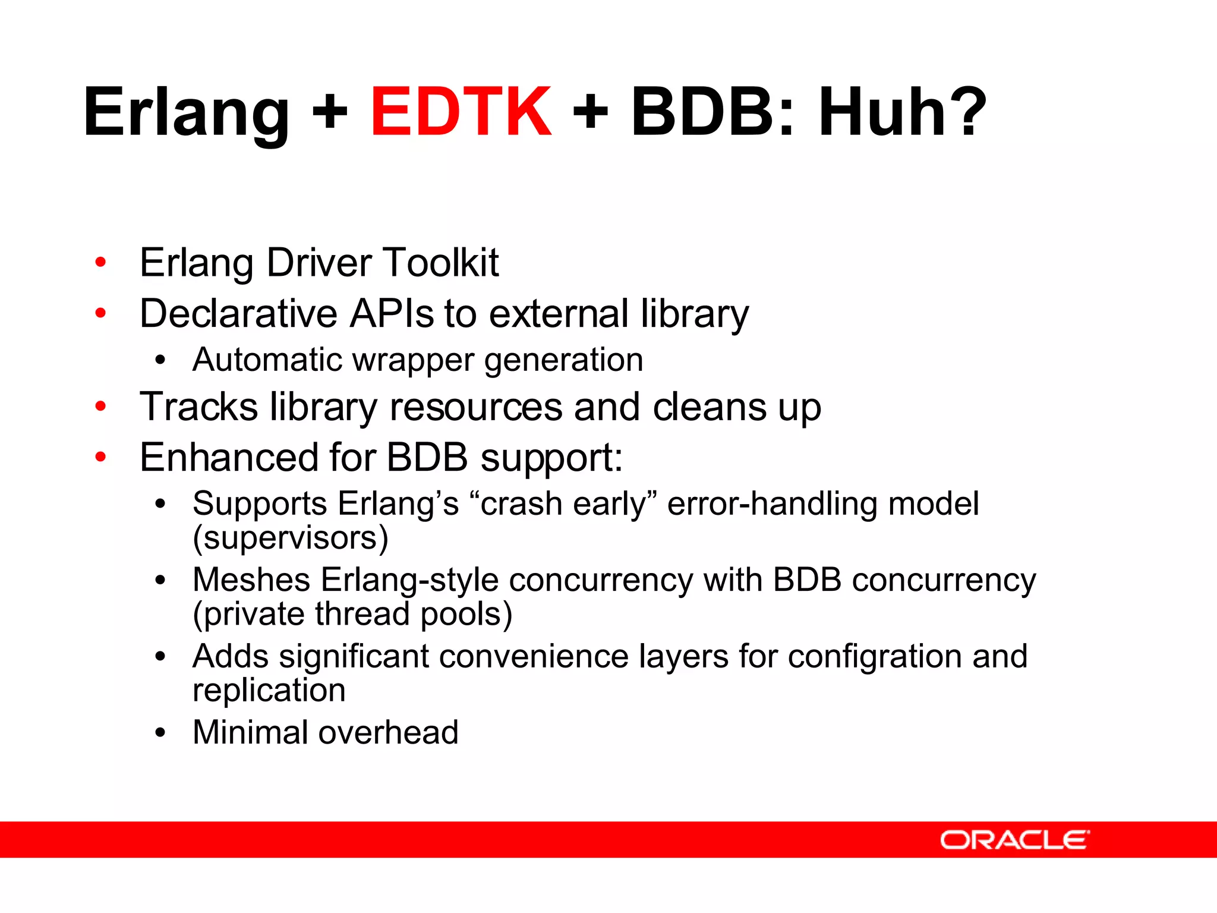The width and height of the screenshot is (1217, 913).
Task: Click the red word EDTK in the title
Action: click(461, 112)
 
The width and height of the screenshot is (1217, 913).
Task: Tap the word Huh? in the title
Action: click(902, 112)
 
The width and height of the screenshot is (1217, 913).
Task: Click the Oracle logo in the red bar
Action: click(1014, 840)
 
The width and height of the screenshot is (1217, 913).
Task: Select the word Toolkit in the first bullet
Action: click(441, 262)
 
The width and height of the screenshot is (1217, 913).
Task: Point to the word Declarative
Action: click(238, 313)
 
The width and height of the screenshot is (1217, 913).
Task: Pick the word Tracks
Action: click(199, 407)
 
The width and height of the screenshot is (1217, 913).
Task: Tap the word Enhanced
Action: click(229, 458)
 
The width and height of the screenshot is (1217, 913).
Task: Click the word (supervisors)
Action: click(291, 538)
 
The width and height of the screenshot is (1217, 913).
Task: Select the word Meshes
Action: click(251, 580)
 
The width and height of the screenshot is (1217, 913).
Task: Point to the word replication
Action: click(269, 691)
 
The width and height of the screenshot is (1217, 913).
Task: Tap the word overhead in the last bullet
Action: click(389, 732)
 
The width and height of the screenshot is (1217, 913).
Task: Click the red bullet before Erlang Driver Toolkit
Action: click(100, 262)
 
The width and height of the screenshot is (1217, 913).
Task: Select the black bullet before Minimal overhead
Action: click(159, 733)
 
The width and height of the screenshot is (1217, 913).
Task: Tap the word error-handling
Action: click(772, 504)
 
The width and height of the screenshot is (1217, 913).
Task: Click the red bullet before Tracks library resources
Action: click(100, 407)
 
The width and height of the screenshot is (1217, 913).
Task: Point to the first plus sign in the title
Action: click(330, 112)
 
